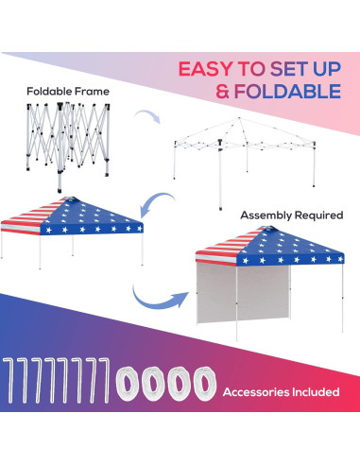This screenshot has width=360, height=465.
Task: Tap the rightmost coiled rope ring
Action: (x=201, y=387)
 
